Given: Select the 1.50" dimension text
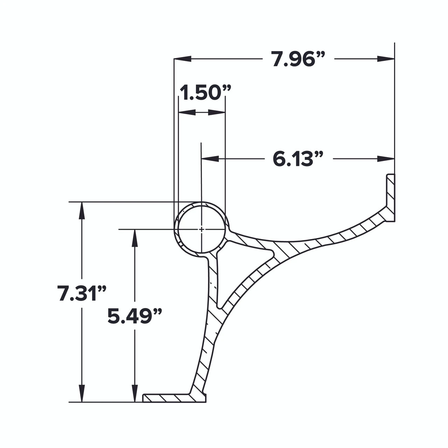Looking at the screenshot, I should coord(205,93).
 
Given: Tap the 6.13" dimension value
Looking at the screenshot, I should coord(297,159).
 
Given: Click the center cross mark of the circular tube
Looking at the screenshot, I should coord(201,229).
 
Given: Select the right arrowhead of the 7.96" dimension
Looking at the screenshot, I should coord(386,59).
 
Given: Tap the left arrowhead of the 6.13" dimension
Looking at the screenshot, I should coord(210,159).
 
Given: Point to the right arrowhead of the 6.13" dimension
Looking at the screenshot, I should coord(386,159).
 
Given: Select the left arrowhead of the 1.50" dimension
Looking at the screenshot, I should coord(187,112).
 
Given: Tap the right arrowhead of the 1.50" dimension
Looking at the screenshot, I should coord(217,112).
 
